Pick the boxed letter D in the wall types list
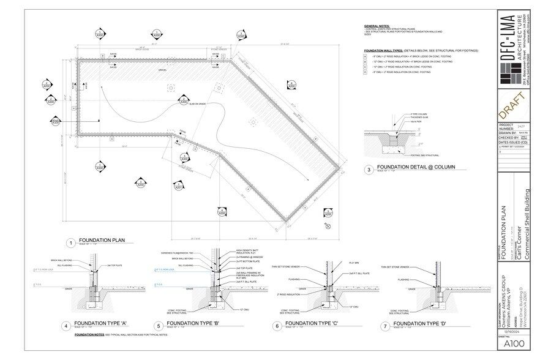point(365,73)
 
